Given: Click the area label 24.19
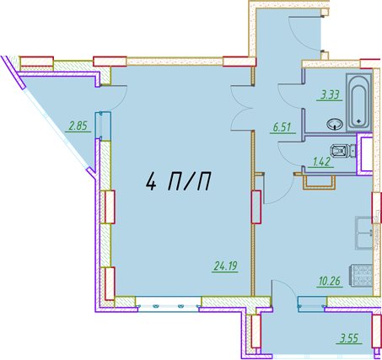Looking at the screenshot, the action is [x=225, y=266].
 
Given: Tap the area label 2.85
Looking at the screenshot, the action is [x=78, y=126].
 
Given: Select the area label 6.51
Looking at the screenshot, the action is [x=282, y=127].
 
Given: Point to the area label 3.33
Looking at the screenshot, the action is [x=330, y=94].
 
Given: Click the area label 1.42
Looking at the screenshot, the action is [x=321, y=162].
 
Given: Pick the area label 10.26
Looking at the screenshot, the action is [x=330, y=281].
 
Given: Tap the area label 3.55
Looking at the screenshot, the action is [x=349, y=338].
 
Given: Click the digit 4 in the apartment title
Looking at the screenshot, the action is [x=151, y=181].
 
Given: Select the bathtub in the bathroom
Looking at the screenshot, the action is [x=358, y=103].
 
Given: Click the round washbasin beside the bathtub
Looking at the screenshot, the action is [x=335, y=124].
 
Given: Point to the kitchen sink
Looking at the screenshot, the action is [x=363, y=233].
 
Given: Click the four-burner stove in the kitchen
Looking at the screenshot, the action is [x=361, y=275].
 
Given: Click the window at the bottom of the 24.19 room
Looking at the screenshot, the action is [x=168, y=304].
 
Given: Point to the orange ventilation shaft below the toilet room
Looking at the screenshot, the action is [x=319, y=182].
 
